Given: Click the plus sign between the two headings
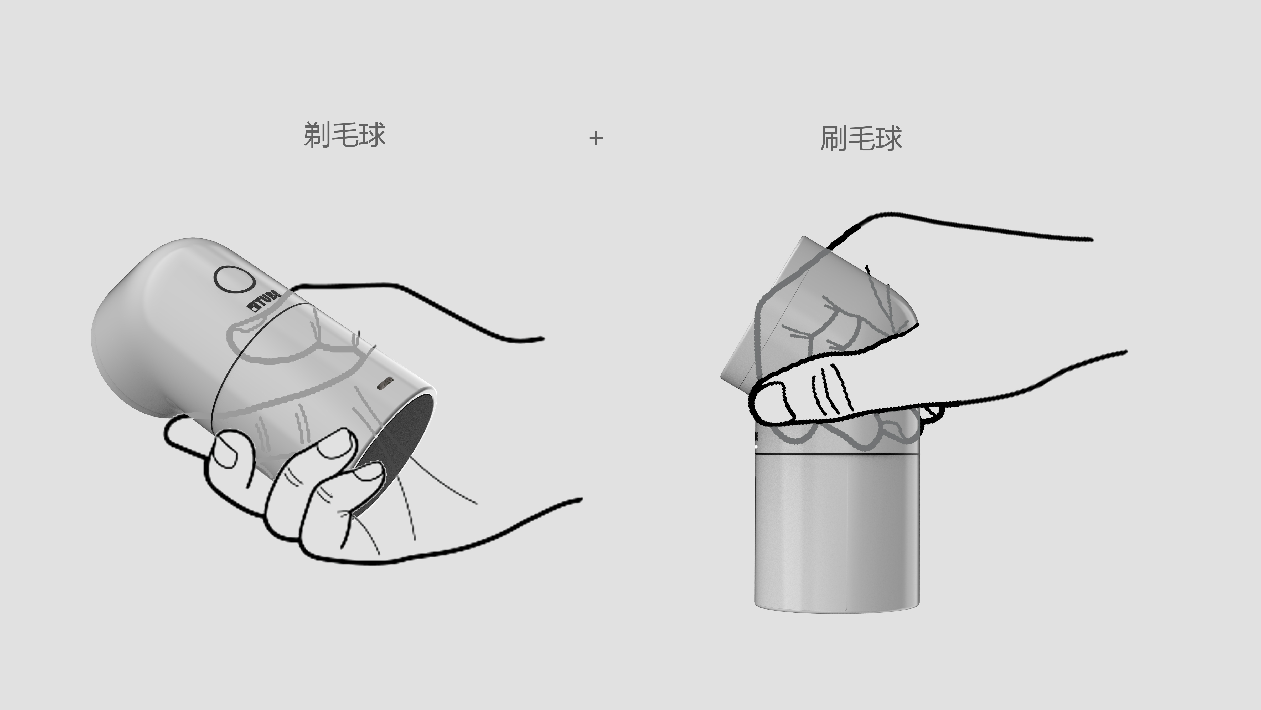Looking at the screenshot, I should point(596,138).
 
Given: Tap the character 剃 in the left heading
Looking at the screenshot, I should point(317,135).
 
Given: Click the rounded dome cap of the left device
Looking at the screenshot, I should point(142,314).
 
